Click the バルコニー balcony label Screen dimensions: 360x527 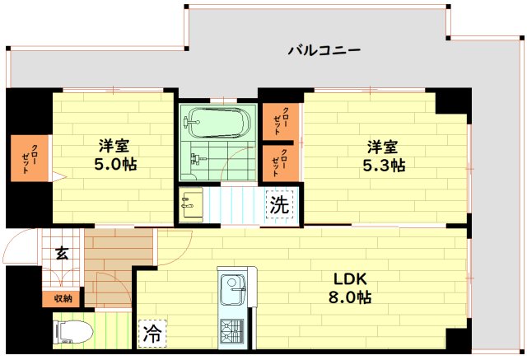click(x=324, y=51)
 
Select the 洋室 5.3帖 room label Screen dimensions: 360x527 click(x=384, y=156)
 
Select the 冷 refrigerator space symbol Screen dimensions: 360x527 click(x=152, y=333)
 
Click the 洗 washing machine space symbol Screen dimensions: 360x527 click(x=279, y=204)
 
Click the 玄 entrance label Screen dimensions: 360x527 click(x=63, y=254)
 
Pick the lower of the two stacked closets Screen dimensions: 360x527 click(x=281, y=162)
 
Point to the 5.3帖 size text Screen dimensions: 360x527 click(x=385, y=166)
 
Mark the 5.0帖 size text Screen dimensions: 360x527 click(x=116, y=164)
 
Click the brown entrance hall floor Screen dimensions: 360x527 click(x=119, y=257)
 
